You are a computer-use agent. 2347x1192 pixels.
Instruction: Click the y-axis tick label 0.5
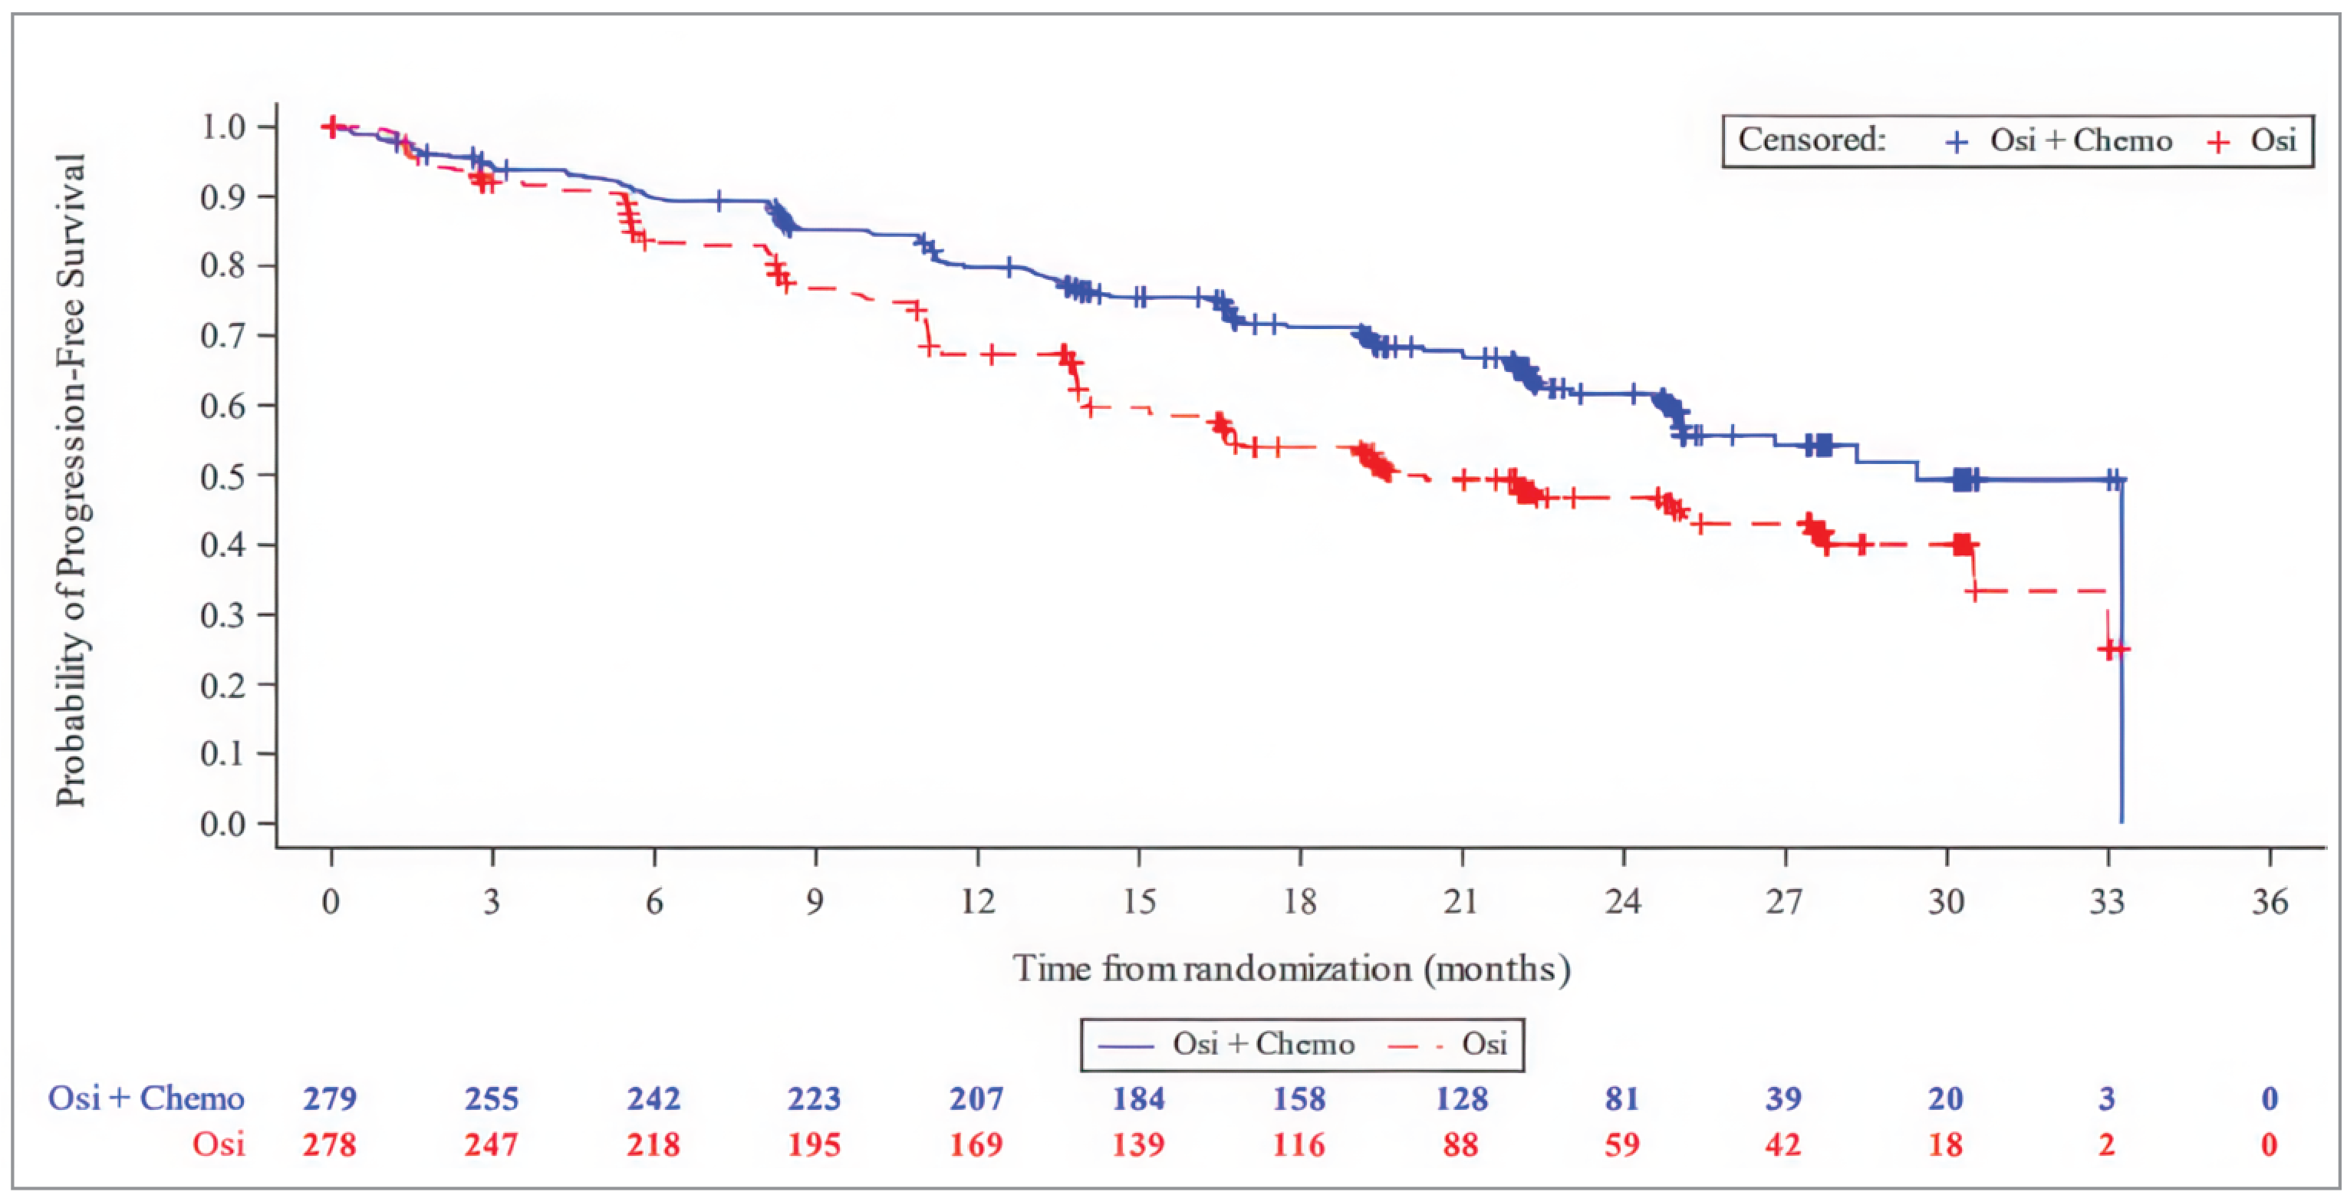[222, 476]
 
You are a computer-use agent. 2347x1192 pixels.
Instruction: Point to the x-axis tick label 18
[1299, 902]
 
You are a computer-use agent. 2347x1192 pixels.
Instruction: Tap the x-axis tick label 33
[2106, 902]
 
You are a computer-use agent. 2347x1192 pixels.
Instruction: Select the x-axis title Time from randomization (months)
[1291, 969]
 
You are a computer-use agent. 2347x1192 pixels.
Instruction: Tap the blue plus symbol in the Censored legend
[1956, 142]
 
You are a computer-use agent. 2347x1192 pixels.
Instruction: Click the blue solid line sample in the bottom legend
[1126, 1045]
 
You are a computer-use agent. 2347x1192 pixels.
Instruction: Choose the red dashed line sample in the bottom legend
[1414, 1045]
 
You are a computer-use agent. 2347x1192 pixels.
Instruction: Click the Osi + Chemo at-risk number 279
[330, 1099]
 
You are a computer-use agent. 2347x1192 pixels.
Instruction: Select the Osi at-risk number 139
[1138, 1144]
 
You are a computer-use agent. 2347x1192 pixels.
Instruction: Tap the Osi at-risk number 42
[1783, 1144]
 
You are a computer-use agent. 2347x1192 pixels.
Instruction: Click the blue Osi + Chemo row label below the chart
[146, 1099]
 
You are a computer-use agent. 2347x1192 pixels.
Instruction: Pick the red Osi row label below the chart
[219, 1144]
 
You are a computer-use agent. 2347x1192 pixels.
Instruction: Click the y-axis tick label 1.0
[222, 127]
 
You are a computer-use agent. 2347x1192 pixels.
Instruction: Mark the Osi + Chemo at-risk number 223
[815, 1099]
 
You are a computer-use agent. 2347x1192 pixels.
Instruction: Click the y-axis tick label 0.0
[222, 825]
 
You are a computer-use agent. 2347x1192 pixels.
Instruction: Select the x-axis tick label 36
[2270, 902]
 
